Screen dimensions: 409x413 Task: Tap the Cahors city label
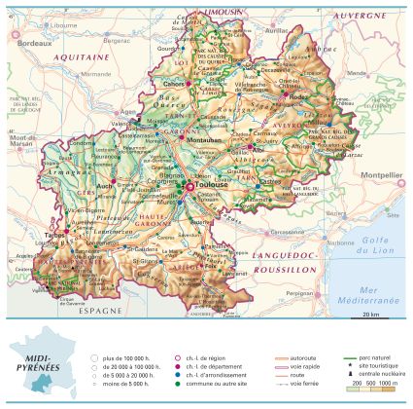173,84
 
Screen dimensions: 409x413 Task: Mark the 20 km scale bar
368,315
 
